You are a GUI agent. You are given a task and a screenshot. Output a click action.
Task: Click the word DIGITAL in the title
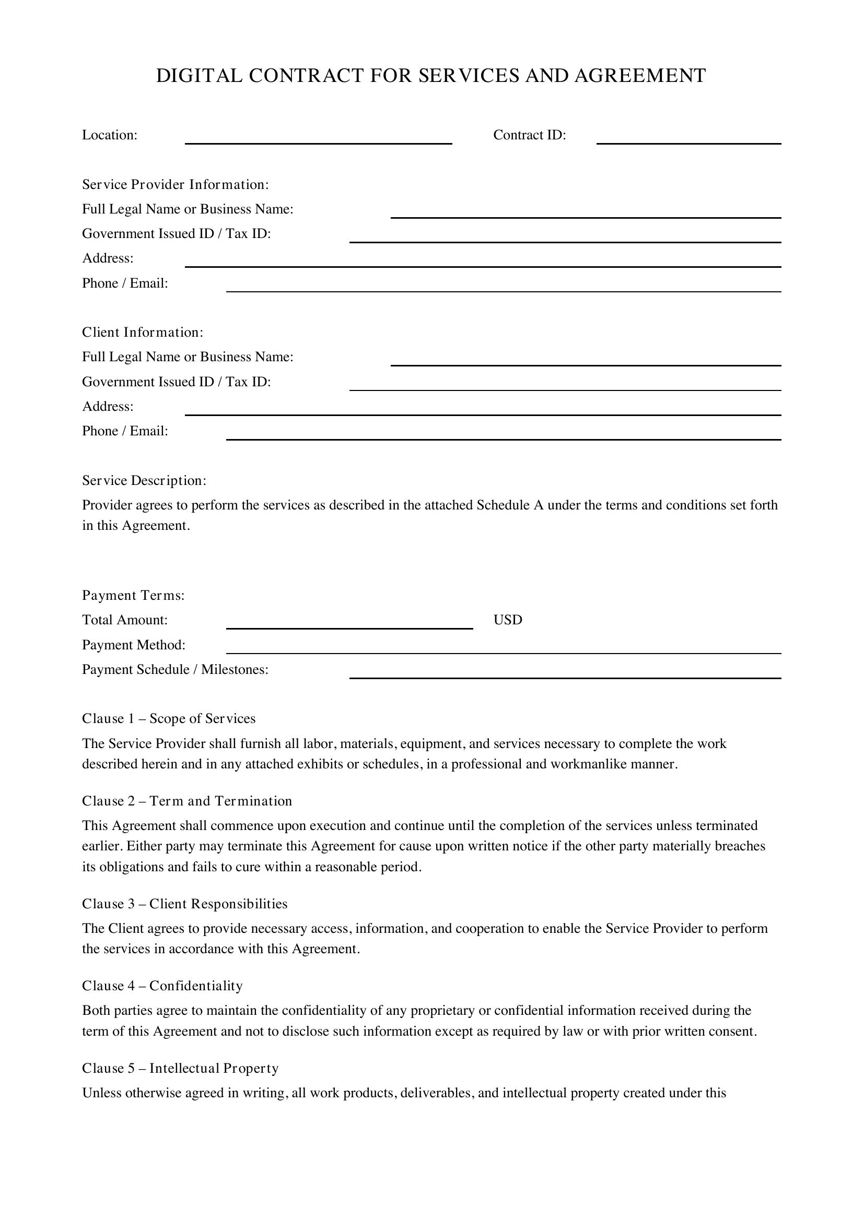[x=199, y=76]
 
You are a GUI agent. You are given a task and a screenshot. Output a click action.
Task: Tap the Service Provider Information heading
[x=176, y=184]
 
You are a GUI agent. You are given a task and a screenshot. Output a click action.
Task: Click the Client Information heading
[x=143, y=333]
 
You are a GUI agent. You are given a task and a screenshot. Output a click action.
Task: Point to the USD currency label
[x=508, y=620]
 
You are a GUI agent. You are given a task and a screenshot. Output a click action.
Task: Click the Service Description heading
[x=144, y=481]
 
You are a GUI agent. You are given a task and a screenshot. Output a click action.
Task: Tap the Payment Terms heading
[x=134, y=596]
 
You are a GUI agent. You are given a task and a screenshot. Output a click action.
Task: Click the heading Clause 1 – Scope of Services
[x=169, y=719]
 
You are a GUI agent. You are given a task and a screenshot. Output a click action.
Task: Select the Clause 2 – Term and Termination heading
[x=188, y=801]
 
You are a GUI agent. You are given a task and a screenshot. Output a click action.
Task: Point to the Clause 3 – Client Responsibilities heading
[x=184, y=904]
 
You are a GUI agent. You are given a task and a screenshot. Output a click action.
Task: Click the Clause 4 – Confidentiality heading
[x=162, y=986]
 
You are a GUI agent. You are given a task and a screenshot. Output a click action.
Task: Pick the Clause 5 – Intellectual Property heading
[x=180, y=1069]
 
